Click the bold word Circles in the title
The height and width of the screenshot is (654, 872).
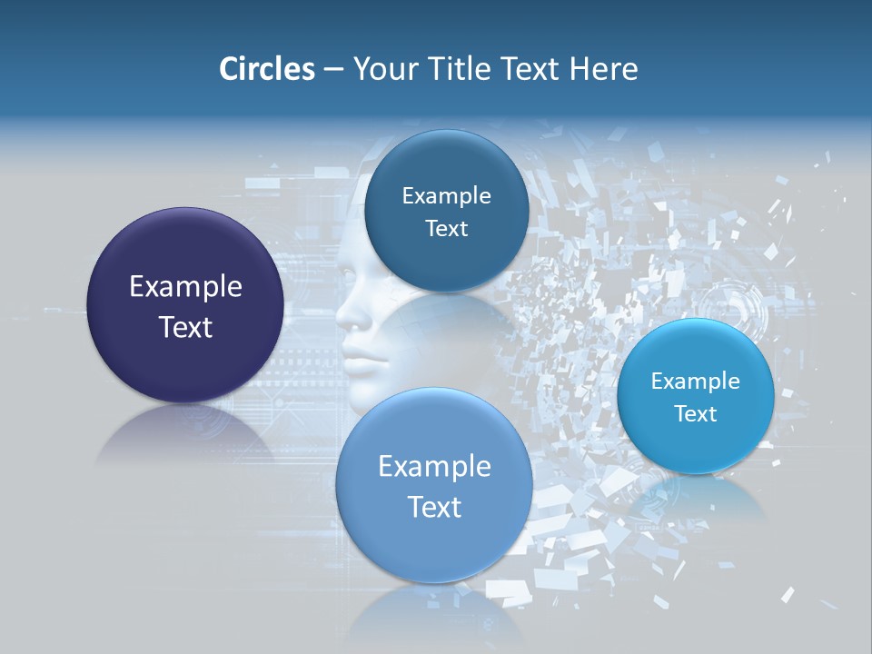point(266,69)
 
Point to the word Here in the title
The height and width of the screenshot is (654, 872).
point(604,69)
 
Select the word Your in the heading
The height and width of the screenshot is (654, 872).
point(382,69)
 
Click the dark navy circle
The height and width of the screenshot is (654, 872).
point(185,263)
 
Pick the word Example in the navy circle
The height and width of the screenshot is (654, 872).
point(185,287)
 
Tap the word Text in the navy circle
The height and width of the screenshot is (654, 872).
point(185,327)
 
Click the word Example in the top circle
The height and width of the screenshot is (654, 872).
point(446,195)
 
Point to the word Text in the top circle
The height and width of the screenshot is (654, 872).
point(446,228)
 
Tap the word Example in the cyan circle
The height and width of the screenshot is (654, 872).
point(695,381)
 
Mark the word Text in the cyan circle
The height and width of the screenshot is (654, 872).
point(695,414)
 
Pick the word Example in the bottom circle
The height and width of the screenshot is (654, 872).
point(434,467)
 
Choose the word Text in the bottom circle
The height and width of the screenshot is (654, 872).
point(434,507)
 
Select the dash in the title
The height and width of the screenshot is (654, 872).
point(333,70)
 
